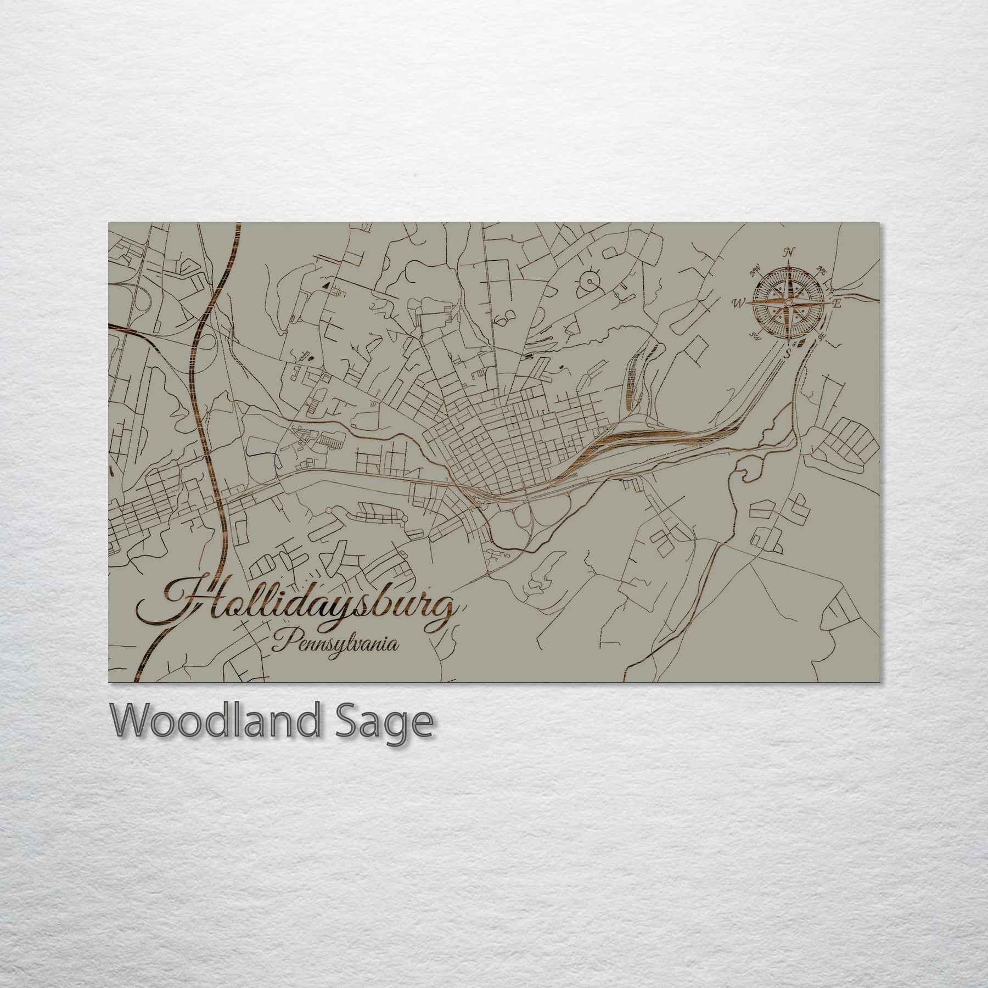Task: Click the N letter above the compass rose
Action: (789, 252)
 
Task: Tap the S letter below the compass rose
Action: (788, 352)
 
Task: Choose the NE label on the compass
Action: (822, 269)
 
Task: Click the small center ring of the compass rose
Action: (788, 302)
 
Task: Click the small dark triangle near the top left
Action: (327, 285)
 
